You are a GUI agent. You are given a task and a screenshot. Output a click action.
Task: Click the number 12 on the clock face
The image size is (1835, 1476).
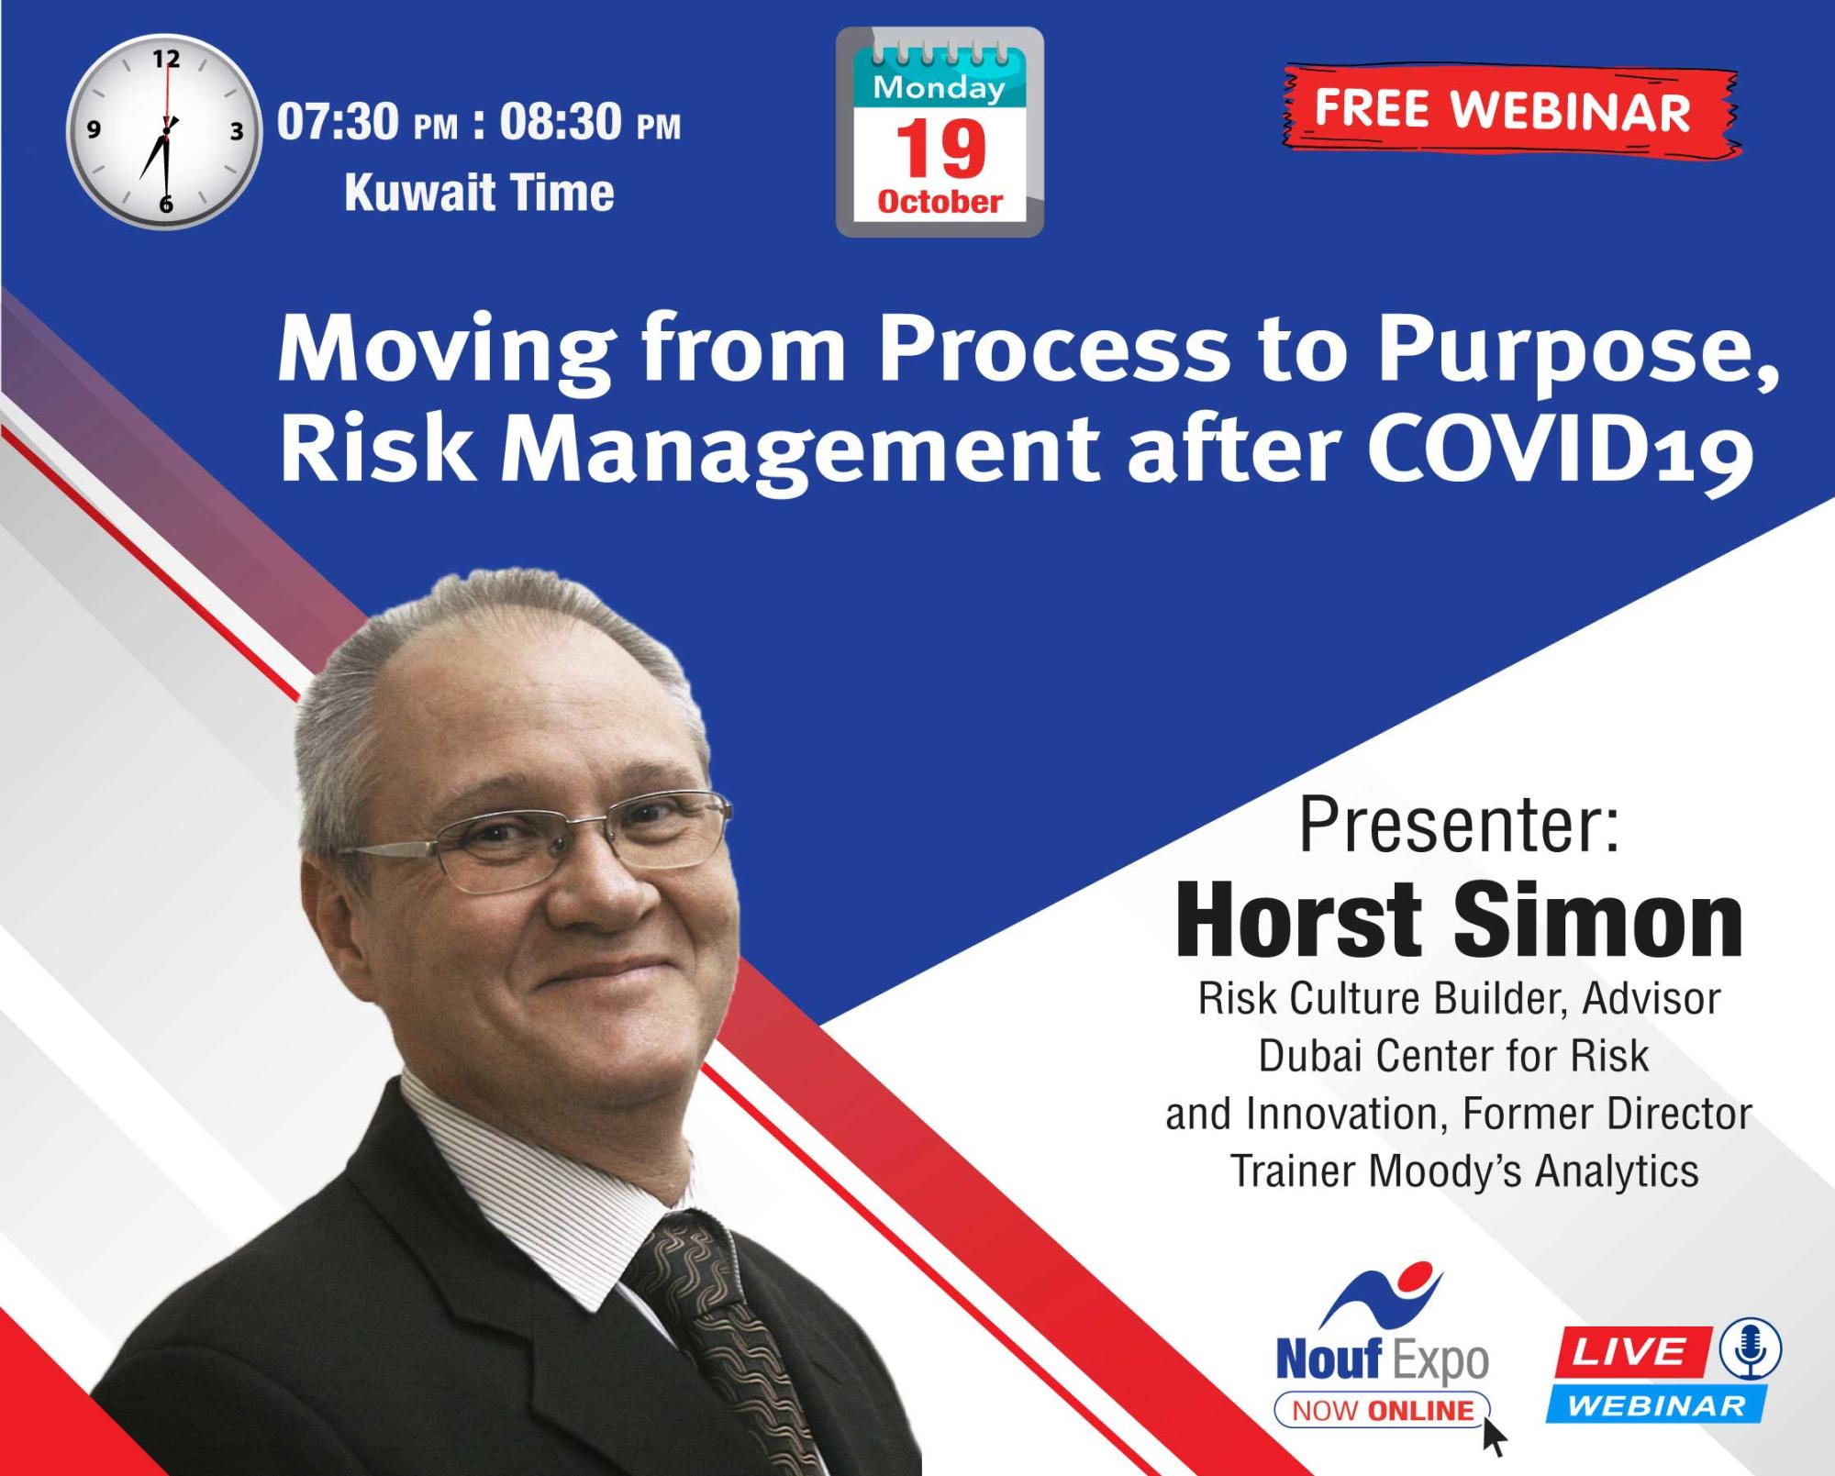pos(166,60)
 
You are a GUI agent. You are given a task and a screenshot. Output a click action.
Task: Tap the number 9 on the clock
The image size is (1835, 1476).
pos(94,129)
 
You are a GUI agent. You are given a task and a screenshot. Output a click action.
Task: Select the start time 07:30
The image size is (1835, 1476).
pos(338,121)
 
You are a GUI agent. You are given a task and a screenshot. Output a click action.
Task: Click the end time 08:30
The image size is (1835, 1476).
pos(561,121)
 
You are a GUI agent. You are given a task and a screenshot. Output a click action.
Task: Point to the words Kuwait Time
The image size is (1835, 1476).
pos(479,193)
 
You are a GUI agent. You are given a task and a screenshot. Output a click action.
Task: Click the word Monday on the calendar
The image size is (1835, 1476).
pos(939,88)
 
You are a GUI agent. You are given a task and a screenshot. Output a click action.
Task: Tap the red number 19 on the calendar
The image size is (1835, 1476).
pos(940,149)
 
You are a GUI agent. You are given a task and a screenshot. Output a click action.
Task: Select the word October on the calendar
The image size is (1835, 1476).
pos(940,201)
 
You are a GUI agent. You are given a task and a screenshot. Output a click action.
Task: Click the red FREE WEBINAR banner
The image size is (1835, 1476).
pos(1510,112)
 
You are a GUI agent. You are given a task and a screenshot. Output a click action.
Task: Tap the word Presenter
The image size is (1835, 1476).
pos(1459,825)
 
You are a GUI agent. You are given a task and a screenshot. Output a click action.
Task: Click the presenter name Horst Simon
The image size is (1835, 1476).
pos(1459,920)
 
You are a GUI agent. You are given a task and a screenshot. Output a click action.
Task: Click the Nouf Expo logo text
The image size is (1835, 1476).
pos(1382,1360)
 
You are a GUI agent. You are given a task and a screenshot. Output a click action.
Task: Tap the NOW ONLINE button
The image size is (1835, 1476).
pos(1382,1410)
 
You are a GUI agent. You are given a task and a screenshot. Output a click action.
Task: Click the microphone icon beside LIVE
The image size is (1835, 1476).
pos(1751,1349)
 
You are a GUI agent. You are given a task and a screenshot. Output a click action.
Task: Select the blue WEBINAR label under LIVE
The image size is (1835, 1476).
pos(1656,1405)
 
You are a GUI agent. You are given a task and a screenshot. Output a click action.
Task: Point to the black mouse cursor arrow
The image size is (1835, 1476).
pos(1494,1436)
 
